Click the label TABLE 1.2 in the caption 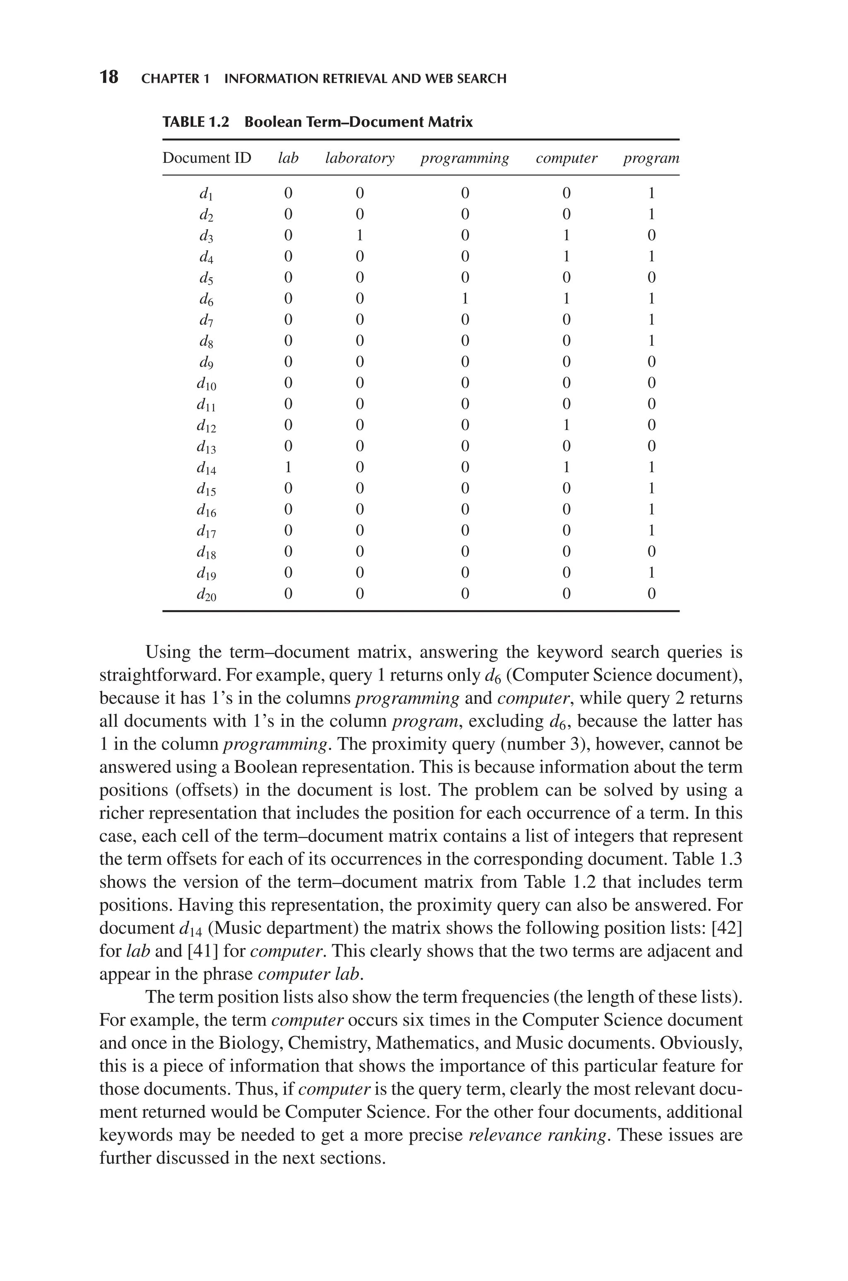(x=195, y=122)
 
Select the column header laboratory (x=360, y=159)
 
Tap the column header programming (x=465, y=159)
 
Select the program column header (x=651, y=159)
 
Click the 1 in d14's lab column (x=288, y=467)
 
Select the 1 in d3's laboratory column (x=360, y=235)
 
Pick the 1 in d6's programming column (x=465, y=299)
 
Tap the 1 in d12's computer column (x=566, y=425)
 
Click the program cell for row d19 (x=651, y=572)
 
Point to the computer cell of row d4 (x=566, y=256)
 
